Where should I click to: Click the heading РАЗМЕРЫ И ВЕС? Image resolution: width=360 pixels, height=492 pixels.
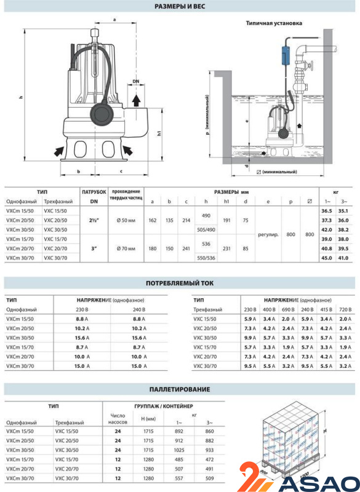click(x=180, y=6)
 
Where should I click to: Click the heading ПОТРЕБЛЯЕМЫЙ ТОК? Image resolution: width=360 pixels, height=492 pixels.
click(x=180, y=283)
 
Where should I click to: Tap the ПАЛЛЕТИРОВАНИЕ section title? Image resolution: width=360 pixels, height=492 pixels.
click(x=180, y=389)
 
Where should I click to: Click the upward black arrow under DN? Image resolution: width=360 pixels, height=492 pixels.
click(x=136, y=100)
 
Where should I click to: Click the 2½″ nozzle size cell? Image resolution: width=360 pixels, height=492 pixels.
click(x=94, y=220)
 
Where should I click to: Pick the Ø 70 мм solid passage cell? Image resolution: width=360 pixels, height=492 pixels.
click(x=126, y=248)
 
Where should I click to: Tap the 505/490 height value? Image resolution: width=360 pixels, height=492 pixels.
click(x=206, y=229)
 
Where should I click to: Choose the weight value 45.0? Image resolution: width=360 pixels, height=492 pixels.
click(x=326, y=258)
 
